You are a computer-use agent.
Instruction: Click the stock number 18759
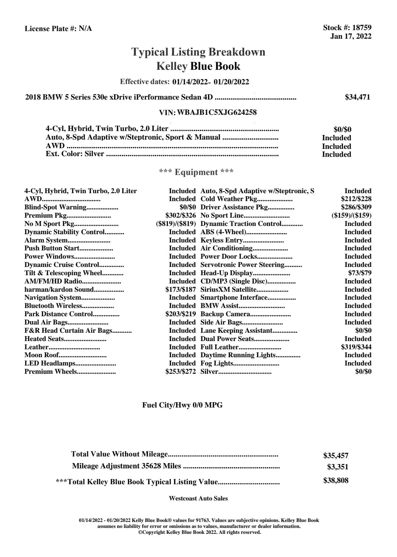coord(362,28)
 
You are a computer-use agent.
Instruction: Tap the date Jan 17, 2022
coord(350,36)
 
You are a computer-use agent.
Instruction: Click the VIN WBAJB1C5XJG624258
coord(217,112)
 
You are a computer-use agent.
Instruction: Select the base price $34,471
coord(357,97)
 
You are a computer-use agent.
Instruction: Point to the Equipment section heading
coord(196,172)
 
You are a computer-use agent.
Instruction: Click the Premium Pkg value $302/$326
coord(180,216)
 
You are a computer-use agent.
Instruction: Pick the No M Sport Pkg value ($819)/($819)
coord(176,224)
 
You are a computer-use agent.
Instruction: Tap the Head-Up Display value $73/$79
coord(360,273)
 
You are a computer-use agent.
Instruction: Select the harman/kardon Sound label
coord(59,290)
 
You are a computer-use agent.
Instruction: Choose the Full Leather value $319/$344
coord(356,347)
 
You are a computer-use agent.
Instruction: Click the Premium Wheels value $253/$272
coord(180,372)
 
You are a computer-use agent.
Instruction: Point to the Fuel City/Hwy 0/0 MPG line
coord(182,405)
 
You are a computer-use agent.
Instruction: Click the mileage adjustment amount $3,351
coord(337,467)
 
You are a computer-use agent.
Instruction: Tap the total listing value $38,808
coord(336,481)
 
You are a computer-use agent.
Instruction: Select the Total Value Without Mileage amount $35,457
coord(336,456)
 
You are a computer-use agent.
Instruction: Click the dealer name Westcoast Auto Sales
coord(198,498)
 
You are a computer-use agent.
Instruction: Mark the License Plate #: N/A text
coord(58,29)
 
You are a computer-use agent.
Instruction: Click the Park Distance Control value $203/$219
coord(180,314)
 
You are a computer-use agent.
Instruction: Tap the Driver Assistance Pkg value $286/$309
coord(356,207)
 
